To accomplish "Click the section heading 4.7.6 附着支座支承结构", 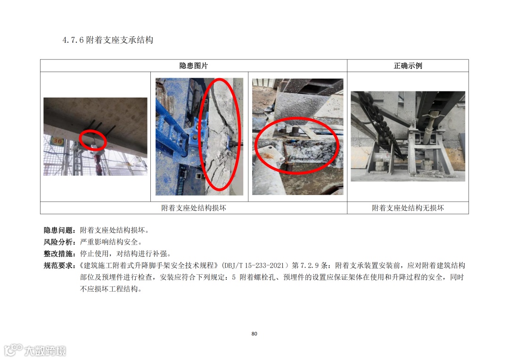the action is (x=108, y=40).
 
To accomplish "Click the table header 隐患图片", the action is (x=194, y=66).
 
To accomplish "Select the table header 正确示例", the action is (x=408, y=66).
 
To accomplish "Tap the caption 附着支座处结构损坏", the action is (x=194, y=208).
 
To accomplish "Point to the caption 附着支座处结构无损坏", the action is (x=408, y=208).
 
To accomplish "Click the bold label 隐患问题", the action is (x=58, y=230).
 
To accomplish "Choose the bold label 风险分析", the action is (x=58, y=242).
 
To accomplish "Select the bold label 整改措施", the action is (x=58, y=254).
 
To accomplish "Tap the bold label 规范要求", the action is (x=58, y=266).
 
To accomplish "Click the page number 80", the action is (x=254, y=334).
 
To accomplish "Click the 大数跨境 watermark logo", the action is (x=35, y=350).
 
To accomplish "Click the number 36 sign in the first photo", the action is (x=57, y=141).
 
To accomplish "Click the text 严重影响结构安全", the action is (x=109, y=242).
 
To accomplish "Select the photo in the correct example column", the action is (x=408, y=136).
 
